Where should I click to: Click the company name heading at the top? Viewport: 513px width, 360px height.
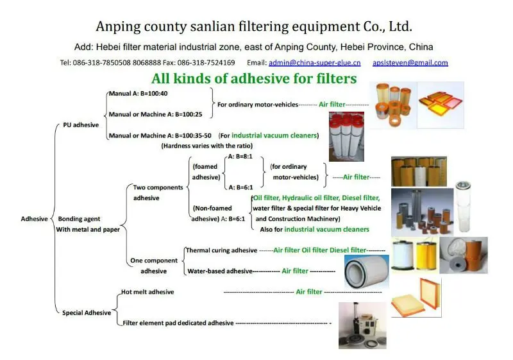pyautogui.click(x=253, y=26)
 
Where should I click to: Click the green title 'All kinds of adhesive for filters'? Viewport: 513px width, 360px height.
pyautogui.click(x=253, y=79)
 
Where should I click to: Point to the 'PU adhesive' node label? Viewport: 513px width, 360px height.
pyautogui.click(x=81, y=125)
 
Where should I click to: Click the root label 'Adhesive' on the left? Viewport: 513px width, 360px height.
pyautogui.click(x=34, y=219)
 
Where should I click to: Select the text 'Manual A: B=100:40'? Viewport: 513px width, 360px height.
pyautogui.click(x=137, y=94)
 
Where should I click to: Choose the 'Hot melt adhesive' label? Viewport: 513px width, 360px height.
pyautogui.click(x=147, y=292)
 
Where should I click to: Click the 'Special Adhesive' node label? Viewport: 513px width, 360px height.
pyautogui.click(x=87, y=313)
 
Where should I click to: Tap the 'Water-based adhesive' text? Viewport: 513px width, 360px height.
pyautogui.click(x=220, y=271)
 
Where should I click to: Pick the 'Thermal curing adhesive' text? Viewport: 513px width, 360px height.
pyautogui.click(x=221, y=250)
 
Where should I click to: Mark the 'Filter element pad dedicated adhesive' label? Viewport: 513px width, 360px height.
pyautogui.click(x=178, y=323)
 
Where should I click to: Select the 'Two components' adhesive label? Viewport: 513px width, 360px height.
pyautogui.click(x=158, y=187)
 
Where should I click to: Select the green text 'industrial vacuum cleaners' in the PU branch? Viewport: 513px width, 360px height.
pyautogui.click(x=274, y=135)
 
